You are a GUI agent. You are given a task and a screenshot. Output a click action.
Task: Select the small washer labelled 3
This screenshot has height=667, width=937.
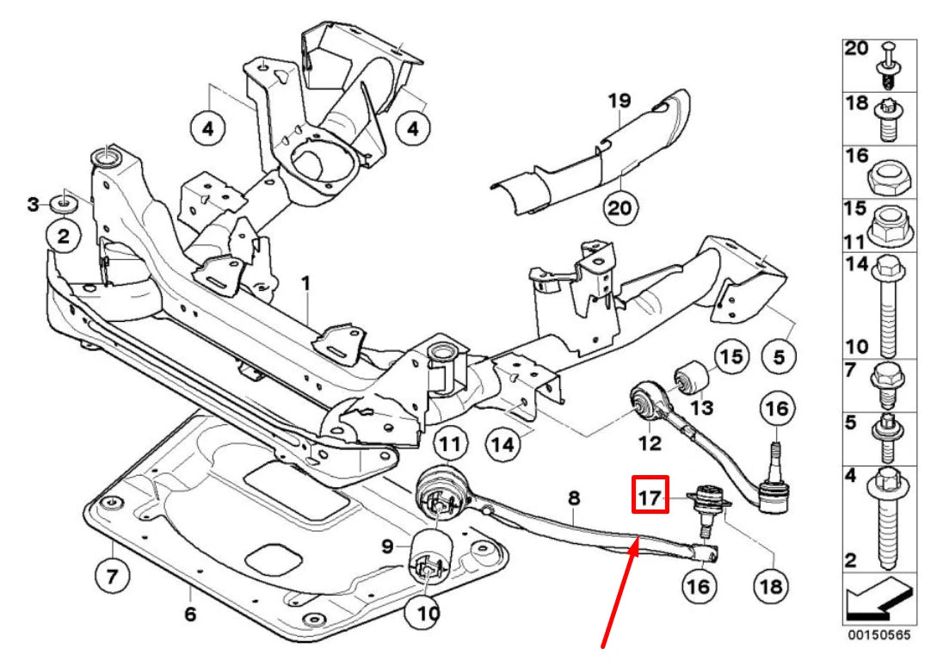click(63, 204)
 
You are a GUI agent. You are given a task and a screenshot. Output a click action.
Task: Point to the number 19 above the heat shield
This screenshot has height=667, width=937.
click(620, 102)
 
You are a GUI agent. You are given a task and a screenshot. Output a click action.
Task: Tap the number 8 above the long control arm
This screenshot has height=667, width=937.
click(574, 497)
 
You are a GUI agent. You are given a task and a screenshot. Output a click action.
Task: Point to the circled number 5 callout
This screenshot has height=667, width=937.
click(780, 355)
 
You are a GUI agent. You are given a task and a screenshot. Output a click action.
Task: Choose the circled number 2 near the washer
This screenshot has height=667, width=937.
click(63, 236)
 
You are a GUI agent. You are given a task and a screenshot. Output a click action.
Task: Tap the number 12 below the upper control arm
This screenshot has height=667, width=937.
click(650, 443)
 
